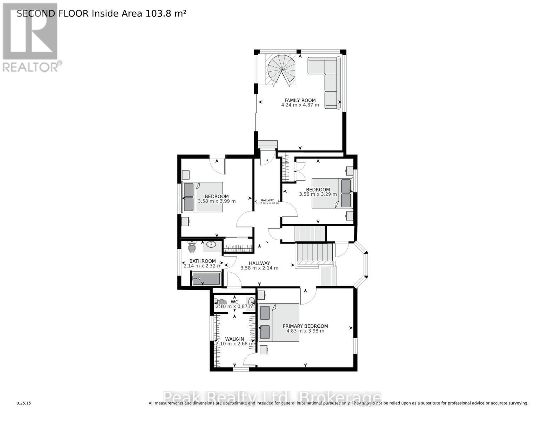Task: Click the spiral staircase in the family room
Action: pyautogui.click(x=281, y=70)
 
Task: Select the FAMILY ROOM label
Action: pyautogui.click(x=300, y=100)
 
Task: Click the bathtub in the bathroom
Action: pyautogui.click(x=206, y=279)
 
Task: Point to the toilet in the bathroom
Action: pyautogui.click(x=192, y=247)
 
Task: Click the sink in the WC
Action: pyautogui.click(x=252, y=301)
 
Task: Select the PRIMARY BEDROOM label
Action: pyautogui.click(x=305, y=326)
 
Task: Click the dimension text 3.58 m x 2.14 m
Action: pyautogui.click(x=259, y=268)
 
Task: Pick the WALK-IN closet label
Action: pyautogui.click(x=234, y=339)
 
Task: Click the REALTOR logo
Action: pyautogui.click(x=30, y=37)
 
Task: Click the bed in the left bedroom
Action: pyautogui.click(x=203, y=197)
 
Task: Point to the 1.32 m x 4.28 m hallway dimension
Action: pyautogui.click(x=267, y=203)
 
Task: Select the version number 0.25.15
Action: pyautogui.click(x=24, y=403)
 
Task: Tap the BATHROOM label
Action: pyautogui.click(x=202, y=261)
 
